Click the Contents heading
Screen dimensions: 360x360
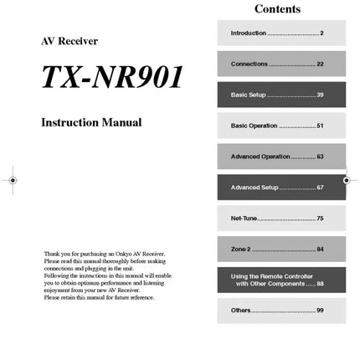point(277,9)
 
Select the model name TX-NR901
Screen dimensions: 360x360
point(112,77)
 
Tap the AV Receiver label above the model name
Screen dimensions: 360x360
point(69,41)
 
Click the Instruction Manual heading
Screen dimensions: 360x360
point(91,123)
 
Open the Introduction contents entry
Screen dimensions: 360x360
point(249,33)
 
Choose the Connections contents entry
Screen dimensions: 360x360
point(249,64)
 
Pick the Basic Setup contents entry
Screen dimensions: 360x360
point(249,95)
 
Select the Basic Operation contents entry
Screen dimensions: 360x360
point(254,126)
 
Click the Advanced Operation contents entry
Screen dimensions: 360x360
point(260,157)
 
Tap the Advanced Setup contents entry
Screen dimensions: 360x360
point(255,188)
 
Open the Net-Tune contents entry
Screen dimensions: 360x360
point(244,219)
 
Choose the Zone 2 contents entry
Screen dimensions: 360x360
point(240,249)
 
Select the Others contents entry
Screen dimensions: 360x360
point(240,311)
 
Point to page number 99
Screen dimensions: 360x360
point(320,311)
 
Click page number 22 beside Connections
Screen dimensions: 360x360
point(320,64)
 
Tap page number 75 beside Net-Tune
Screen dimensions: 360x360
point(320,219)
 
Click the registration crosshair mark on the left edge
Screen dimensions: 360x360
point(13,180)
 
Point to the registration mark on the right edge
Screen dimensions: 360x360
point(347,180)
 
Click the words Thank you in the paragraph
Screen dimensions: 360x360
point(54,254)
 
